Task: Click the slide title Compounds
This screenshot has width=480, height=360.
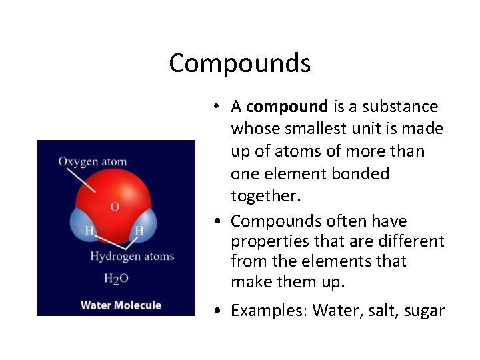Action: [x=240, y=64]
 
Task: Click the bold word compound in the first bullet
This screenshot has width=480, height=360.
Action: [x=287, y=107]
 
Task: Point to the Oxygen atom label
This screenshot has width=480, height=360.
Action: [x=92, y=161]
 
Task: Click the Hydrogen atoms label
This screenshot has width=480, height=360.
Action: [x=132, y=257]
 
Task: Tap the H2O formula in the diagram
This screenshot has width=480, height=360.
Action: [x=116, y=279]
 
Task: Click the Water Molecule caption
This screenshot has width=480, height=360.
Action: [x=121, y=305]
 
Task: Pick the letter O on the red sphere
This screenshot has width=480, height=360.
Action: [x=115, y=207]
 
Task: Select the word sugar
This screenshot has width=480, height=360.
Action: [x=423, y=310]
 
